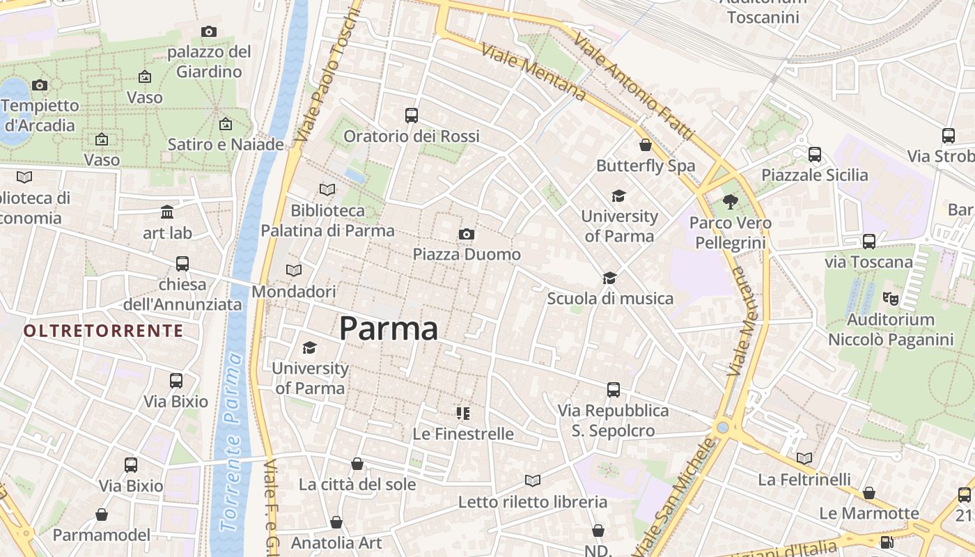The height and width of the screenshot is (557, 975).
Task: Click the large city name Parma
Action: tap(389, 329)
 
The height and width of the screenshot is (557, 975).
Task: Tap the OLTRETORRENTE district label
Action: tap(104, 331)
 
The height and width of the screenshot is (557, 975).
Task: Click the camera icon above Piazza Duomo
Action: tap(467, 234)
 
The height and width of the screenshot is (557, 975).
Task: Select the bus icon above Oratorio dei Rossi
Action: tap(412, 116)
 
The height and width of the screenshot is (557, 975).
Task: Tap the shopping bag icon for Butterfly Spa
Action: tap(646, 145)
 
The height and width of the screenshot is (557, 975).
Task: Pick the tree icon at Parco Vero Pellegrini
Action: tap(730, 202)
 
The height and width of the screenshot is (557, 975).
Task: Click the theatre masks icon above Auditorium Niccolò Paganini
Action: tap(890, 299)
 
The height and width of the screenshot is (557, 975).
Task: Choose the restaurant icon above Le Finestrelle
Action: tap(463, 414)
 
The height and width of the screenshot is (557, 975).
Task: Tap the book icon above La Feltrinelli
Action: tap(804, 458)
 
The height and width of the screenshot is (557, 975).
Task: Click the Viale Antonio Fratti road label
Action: tap(634, 87)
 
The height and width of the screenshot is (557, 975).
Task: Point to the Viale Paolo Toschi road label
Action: tap(327, 73)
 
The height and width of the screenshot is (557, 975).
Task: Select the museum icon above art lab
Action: tap(167, 212)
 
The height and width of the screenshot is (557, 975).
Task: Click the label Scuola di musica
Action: tap(610, 299)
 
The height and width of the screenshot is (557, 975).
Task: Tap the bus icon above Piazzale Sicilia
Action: tap(815, 154)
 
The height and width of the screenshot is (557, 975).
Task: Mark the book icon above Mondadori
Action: tap(294, 270)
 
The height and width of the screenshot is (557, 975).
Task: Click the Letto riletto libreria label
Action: tap(532, 501)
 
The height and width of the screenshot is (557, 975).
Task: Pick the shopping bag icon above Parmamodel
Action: tap(102, 515)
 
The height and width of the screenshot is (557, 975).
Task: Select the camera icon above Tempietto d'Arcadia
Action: tap(40, 85)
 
